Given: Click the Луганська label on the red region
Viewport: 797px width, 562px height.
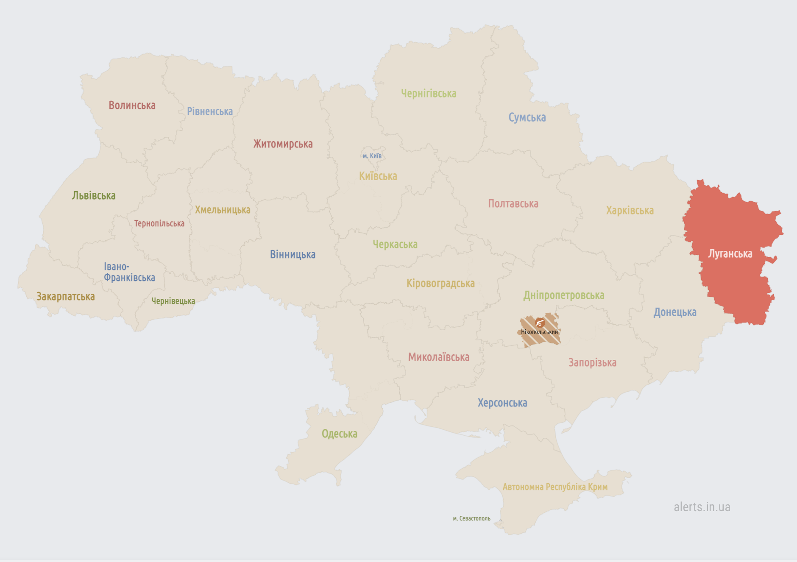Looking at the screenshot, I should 730,254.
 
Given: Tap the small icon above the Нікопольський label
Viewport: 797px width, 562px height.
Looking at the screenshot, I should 540,323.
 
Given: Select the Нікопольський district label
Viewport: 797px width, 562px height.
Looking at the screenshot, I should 539,332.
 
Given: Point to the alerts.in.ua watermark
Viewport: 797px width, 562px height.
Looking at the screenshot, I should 702,507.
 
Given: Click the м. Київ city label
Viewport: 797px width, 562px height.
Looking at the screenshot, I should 372,156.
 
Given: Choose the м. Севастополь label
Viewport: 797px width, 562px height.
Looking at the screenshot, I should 471,518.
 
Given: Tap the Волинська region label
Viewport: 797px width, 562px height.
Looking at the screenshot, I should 132,105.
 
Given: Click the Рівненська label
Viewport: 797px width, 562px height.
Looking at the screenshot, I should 210,111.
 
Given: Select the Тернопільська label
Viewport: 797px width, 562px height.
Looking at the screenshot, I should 159,223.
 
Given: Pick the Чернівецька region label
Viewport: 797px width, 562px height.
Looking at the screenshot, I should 173,301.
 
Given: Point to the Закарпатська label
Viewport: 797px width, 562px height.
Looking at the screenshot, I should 66,296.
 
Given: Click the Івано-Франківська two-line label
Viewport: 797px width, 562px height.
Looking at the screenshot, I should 129,272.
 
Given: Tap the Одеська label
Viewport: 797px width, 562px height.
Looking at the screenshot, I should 339,434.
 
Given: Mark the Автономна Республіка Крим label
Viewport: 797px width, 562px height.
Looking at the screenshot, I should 555,487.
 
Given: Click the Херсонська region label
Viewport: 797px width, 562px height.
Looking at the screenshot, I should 502,403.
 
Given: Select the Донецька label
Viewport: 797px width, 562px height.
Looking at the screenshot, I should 674,312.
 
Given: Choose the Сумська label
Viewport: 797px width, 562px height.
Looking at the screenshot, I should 527,117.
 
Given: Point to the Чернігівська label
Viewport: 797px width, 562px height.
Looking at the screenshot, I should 429,93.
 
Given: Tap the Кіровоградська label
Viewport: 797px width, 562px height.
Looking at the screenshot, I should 440,283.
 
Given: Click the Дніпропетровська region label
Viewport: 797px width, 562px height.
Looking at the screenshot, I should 563,295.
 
